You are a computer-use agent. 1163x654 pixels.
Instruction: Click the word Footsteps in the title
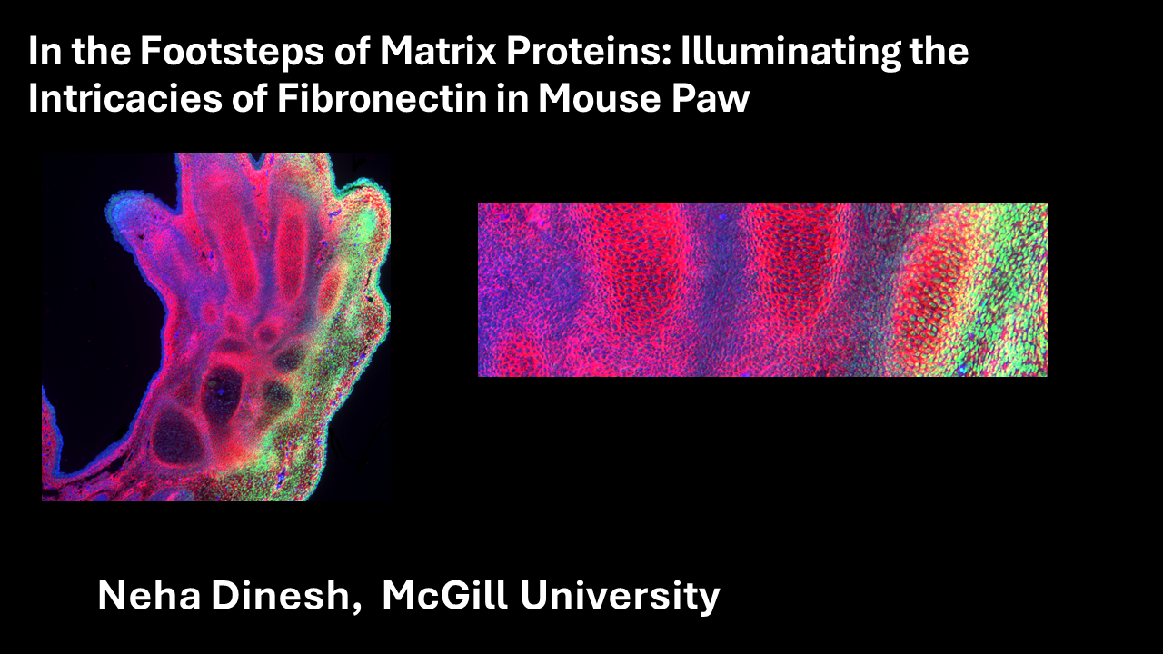[x=232, y=52]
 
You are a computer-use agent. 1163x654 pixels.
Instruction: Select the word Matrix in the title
[x=438, y=51]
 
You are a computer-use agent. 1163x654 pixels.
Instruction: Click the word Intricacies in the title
[x=125, y=97]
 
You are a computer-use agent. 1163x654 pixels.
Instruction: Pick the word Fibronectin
[x=382, y=97]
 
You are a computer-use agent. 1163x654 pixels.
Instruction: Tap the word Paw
[x=711, y=97]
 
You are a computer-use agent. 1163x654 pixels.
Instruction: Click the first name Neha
[x=149, y=595]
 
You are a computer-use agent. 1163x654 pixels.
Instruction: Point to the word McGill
[x=444, y=595]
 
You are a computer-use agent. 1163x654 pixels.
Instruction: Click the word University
[x=620, y=596]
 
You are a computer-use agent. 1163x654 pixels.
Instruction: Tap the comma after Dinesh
[x=356, y=608]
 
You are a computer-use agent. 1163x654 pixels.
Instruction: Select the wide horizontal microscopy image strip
[x=762, y=290]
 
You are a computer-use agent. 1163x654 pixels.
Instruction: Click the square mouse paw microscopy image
[x=216, y=327]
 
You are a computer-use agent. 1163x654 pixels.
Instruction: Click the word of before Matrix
[x=352, y=51]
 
